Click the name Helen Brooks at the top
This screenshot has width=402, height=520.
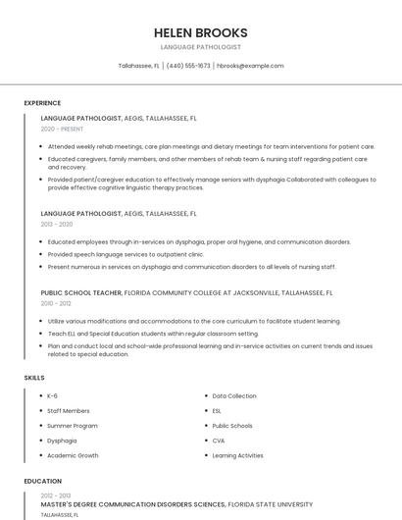[x=200, y=32]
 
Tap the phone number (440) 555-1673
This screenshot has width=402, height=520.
[x=188, y=66]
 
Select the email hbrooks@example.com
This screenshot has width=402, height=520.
[x=250, y=66]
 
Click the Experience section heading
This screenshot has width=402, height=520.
[x=42, y=103]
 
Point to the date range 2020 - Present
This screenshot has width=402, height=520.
[x=62, y=130]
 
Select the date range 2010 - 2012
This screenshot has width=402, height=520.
[x=57, y=304]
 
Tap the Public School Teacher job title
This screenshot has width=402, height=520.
[x=81, y=292]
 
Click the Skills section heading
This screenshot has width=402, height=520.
[x=34, y=378]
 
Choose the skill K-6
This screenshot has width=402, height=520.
[x=53, y=395]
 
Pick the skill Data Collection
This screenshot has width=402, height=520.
[x=233, y=395]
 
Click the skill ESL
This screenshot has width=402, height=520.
[x=218, y=411]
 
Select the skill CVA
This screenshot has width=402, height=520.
[x=219, y=441]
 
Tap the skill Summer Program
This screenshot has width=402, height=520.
[x=73, y=426]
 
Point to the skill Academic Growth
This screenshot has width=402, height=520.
[x=74, y=455]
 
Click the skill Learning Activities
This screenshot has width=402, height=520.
[x=238, y=455]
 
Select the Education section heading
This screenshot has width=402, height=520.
[x=43, y=482]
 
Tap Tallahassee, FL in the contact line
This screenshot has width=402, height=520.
[x=138, y=66]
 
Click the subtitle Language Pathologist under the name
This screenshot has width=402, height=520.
[x=200, y=47]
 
